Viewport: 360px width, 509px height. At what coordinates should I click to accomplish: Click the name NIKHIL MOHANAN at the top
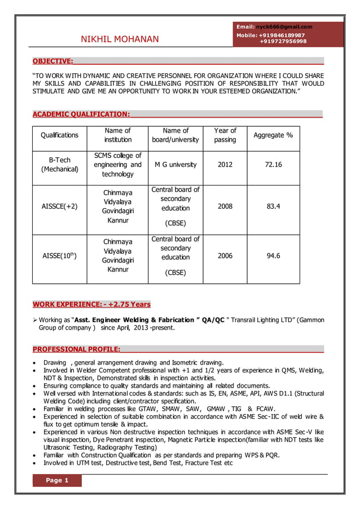120,39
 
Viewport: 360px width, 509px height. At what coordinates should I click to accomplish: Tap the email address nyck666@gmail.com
284,27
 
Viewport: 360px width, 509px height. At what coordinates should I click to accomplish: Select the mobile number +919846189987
282,35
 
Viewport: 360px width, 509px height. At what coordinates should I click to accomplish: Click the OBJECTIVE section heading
52,61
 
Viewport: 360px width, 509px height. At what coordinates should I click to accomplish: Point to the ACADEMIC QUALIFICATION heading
81,115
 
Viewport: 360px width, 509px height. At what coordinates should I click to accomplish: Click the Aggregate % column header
273,135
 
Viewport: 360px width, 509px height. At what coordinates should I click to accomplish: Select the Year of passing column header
225,135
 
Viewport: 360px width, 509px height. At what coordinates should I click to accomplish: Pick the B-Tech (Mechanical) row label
59,165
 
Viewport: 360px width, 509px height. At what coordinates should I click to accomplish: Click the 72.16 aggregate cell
273,165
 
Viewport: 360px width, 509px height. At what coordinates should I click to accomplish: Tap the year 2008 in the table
225,207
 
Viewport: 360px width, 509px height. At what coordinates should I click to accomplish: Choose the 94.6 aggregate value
273,256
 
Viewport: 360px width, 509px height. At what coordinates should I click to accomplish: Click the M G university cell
175,165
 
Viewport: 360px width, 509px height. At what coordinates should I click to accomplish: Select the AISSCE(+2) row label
59,207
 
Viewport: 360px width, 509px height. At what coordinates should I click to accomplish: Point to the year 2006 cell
225,256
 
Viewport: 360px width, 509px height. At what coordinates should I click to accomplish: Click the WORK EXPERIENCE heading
91,304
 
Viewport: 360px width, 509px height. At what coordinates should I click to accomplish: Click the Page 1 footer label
57,480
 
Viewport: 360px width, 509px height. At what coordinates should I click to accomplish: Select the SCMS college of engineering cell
117,165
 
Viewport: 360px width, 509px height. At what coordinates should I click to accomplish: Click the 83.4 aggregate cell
273,207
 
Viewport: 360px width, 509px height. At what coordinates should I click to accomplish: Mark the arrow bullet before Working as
35,320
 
